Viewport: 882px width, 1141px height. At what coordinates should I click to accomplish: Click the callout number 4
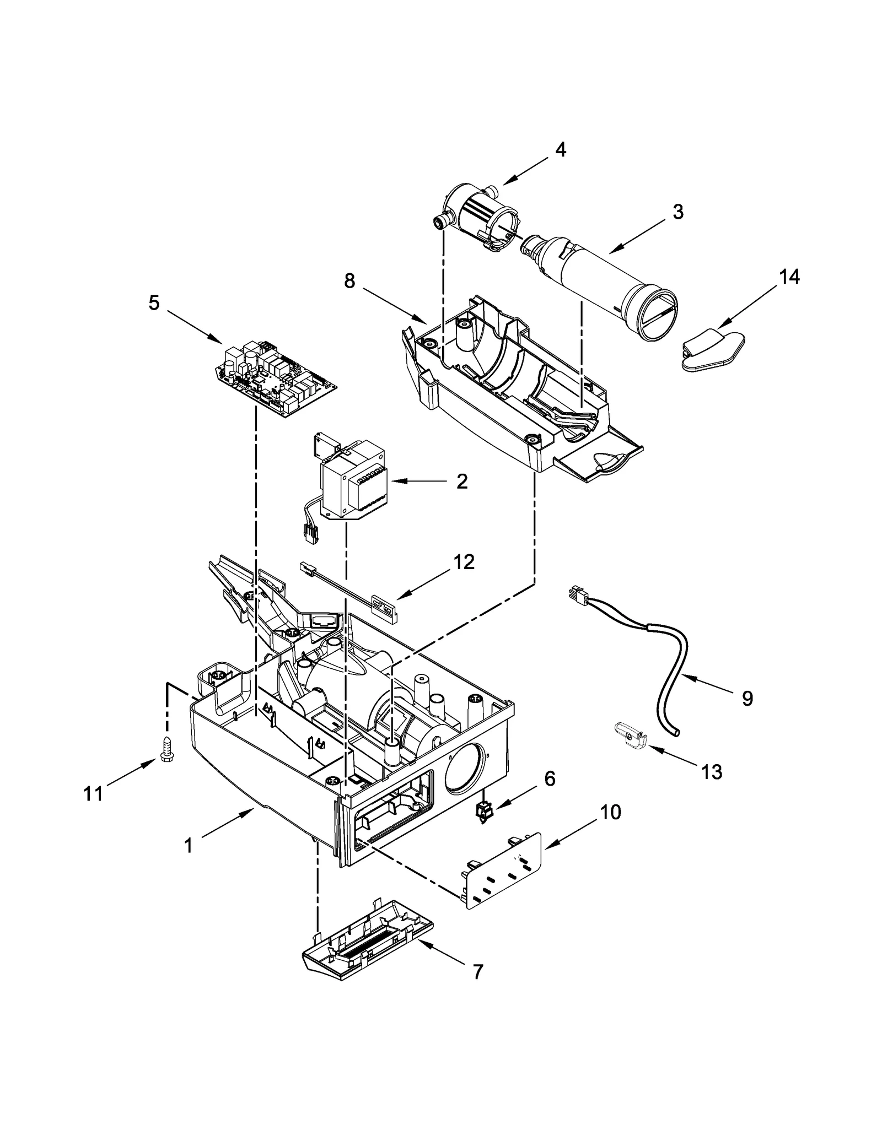tap(560, 149)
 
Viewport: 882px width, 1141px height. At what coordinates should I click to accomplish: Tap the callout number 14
tap(789, 277)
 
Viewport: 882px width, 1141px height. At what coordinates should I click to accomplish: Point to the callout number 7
tap(477, 971)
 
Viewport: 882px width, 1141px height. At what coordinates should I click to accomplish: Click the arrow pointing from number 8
tap(395, 306)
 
